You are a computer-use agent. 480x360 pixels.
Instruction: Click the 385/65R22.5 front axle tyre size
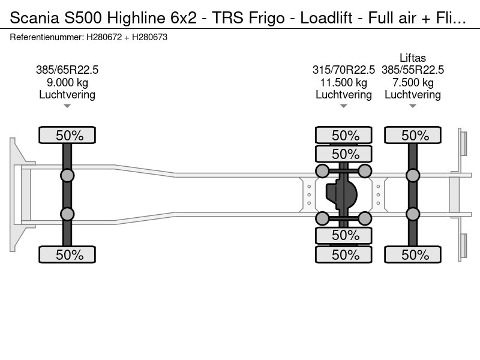(67, 70)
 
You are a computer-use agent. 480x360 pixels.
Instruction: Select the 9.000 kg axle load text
(67, 83)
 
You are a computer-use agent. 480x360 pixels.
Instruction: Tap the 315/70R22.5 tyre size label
(343, 70)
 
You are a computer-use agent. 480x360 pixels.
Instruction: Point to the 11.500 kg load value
(343, 83)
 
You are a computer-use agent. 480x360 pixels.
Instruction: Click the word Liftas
(413, 58)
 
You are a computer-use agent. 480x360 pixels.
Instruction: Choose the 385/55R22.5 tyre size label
(413, 70)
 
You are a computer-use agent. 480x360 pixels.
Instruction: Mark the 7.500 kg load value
(413, 83)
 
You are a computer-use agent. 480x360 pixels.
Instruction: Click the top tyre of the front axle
(67, 135)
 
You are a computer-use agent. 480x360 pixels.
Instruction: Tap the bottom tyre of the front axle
(67, 254)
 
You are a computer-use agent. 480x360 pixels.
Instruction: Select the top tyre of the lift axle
(413, 135)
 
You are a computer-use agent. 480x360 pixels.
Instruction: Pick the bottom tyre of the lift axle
(413, 254)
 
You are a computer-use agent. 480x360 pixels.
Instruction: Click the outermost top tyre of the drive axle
(343, 135)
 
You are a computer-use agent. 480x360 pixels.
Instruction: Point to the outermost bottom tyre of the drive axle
(343, 254)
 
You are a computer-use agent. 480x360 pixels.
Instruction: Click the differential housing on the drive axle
(341, 194)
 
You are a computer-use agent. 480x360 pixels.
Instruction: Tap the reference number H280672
(104, 37)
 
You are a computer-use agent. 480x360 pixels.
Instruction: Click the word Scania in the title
(35, 18)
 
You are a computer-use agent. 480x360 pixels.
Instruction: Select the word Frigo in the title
(266, 18)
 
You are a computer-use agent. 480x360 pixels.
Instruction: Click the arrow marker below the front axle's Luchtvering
(67, 106)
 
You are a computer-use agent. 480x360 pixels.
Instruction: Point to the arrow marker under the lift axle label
(413, 106)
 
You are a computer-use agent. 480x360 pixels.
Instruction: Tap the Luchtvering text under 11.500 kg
(343, 95)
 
